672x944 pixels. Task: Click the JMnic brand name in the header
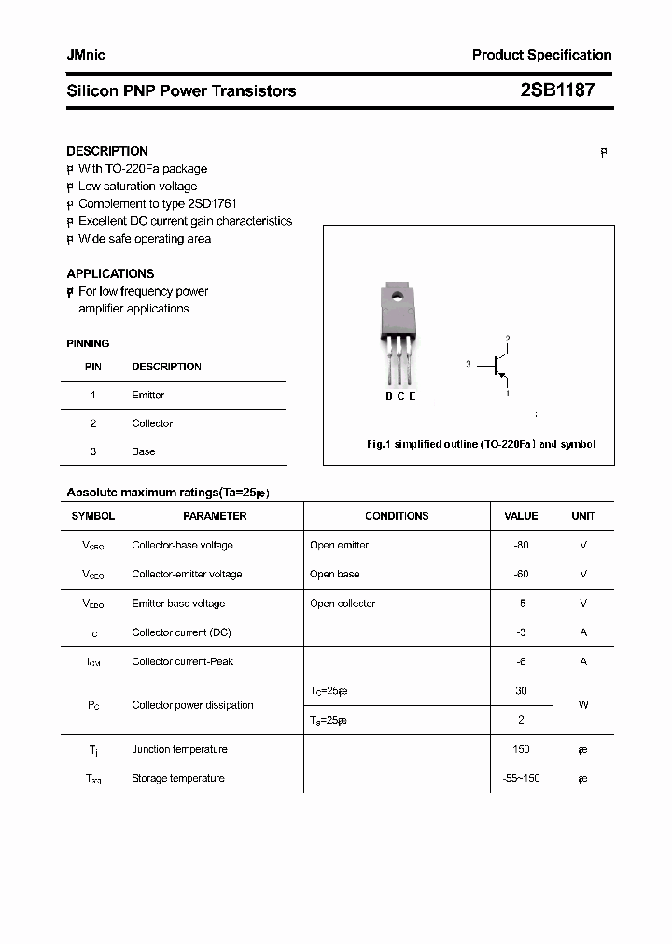[x=86, y=55]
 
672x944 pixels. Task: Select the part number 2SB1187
[x=556, y=90]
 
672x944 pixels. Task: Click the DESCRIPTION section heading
[x=106, y=151]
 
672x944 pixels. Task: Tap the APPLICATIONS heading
[x=110, y=273]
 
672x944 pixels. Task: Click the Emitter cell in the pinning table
[x=147, y=396]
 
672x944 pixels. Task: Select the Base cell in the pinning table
[x=143, y=451]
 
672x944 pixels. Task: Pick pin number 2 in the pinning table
[x=93, y=423]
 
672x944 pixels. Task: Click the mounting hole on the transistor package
[x=397, y=298]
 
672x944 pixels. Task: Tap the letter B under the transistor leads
[x=389, y=396]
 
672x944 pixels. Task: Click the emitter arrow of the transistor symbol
[x=503, y=377]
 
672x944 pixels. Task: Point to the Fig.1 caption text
[x=480, y=445]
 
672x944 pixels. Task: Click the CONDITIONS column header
[x=397, y=516]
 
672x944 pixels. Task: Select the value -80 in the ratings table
[x=521, y=545]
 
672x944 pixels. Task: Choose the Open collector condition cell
[x=343, y=604]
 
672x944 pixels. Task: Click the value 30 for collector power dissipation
[x=521, y=691]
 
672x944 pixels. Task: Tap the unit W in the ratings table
[x=583, y=705]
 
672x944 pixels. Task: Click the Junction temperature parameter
[x=179, y=749]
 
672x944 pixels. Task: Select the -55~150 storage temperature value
[x=521, y=778]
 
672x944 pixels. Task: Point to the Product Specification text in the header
[x=541, y=55]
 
